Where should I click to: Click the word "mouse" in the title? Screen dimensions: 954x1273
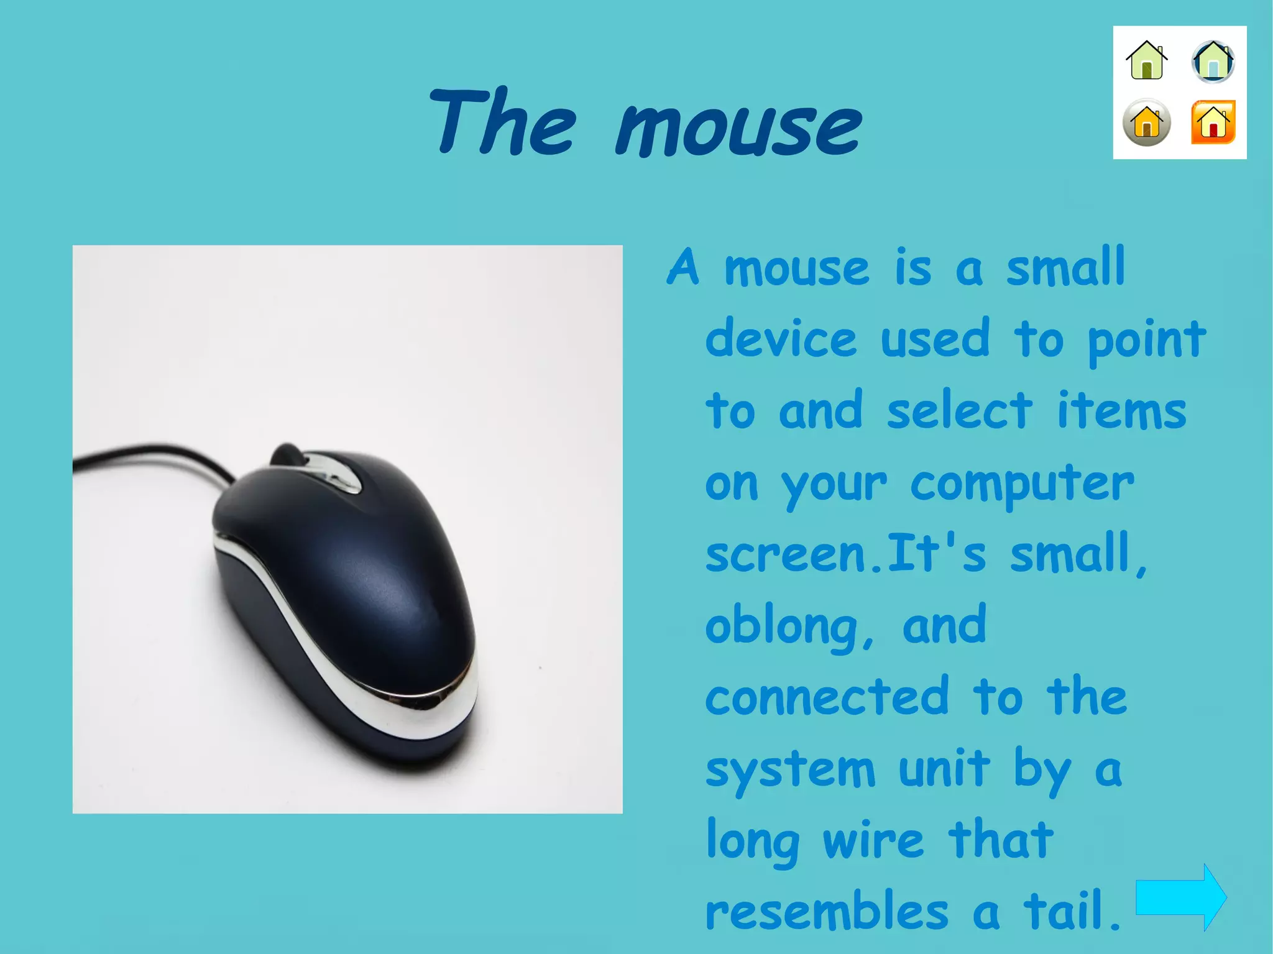point(738,129)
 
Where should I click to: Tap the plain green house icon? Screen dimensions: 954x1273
point(1147,61)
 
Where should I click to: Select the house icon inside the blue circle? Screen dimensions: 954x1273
point(1213,62)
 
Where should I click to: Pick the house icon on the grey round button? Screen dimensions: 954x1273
point(1147,122)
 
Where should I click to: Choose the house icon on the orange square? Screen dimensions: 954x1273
point(1213,122)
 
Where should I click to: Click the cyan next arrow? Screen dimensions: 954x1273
point(1180,897)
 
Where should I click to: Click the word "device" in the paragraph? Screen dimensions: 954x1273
point(781,339)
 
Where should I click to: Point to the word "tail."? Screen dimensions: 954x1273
point(1072,911)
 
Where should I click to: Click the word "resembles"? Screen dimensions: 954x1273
point(827,911)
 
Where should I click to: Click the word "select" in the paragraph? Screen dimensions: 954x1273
point(959,411)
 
